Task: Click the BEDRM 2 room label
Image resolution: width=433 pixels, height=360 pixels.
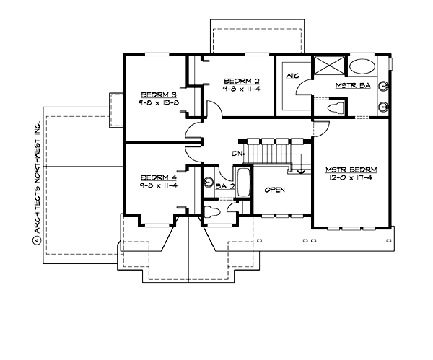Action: coord(238,80)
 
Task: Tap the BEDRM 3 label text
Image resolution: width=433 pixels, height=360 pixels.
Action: coord(158,95)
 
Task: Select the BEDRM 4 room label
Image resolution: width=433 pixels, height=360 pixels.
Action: coord(158,177)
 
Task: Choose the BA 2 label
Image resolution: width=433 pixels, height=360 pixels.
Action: coord(225,186)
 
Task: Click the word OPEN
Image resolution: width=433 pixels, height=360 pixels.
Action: coord(275,190)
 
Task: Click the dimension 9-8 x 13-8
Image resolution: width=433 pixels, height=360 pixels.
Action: coord(158,103)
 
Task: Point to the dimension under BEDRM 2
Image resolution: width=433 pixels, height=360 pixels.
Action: coord(238,89)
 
